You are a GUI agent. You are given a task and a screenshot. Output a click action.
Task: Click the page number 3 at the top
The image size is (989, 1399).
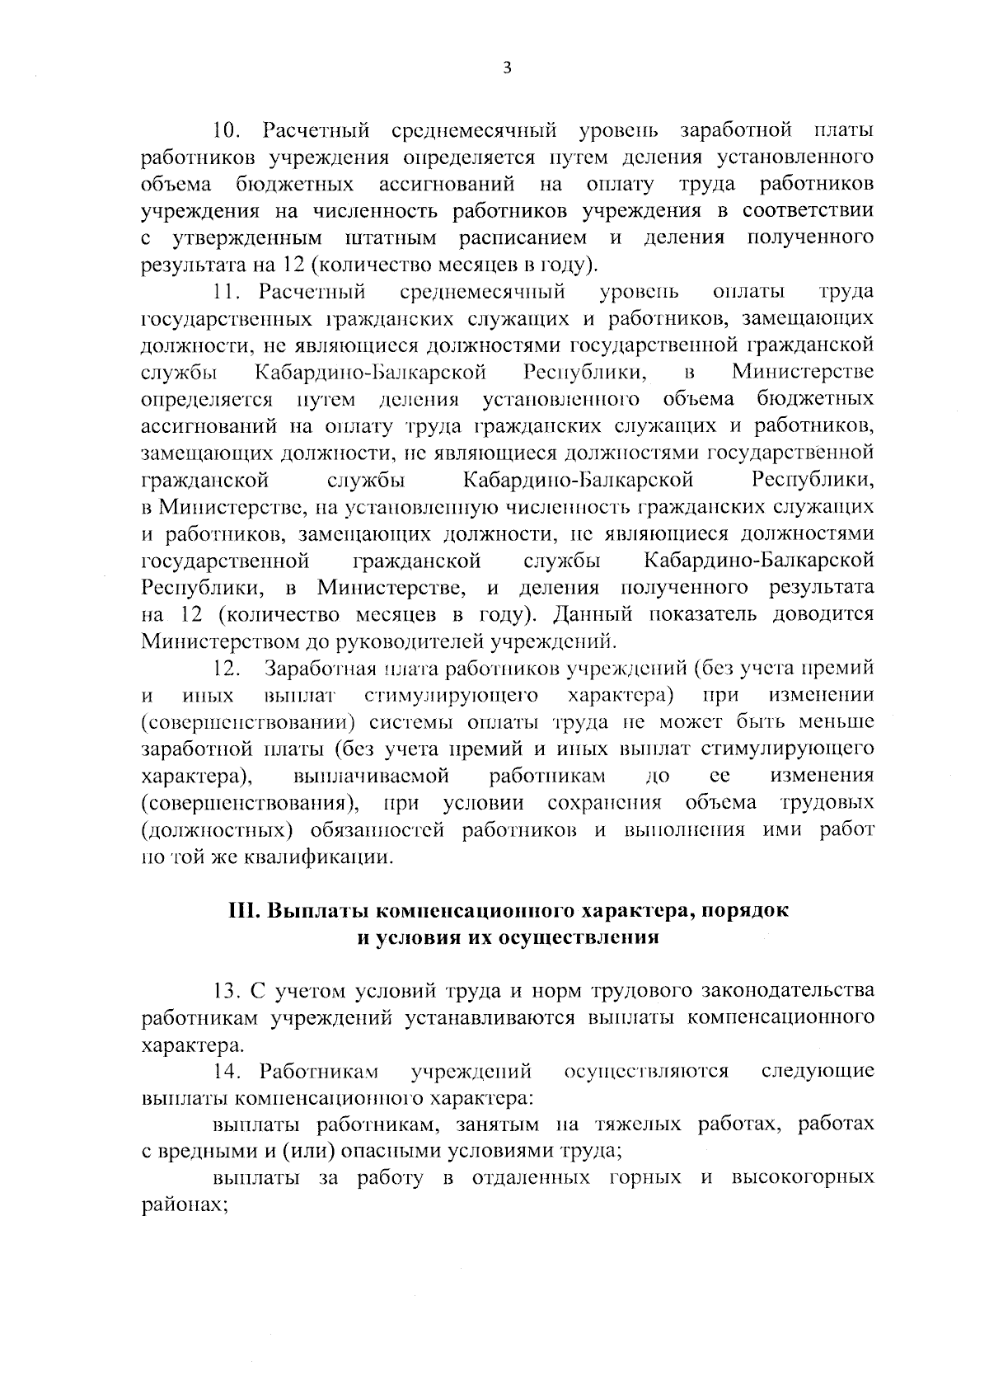[x=507, y=68]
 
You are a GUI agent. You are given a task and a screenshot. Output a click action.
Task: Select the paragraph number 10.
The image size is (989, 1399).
[x=226, y=130]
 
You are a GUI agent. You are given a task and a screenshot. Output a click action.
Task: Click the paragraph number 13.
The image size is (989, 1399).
[x=226, y=990]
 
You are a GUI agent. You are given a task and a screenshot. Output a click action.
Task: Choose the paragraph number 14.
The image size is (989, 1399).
[x=226, y=1072]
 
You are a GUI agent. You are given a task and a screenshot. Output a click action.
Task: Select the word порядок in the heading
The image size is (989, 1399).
[x=751, y=912]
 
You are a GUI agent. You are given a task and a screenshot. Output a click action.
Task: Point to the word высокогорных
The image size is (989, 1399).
[x=803, y=1179]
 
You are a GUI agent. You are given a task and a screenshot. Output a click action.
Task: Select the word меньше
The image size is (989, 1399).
[x=837, y=722]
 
